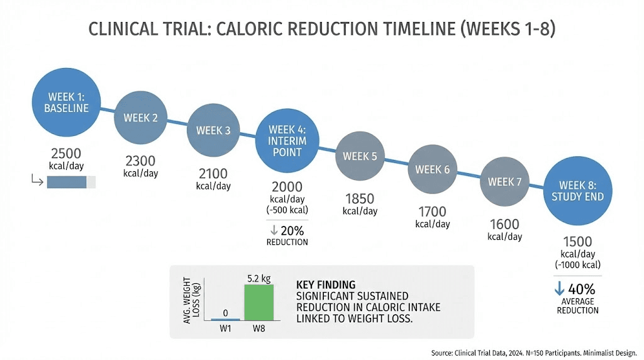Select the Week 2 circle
coord(140,118)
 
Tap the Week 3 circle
coord(213,131)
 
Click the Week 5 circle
coord(360,156)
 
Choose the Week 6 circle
coord(433,169)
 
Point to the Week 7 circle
coord(505,182)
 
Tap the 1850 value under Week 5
coord(360,199)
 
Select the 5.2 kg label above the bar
coord(258,278)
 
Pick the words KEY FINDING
coord(325,284)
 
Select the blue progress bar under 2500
coord(67,182)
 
